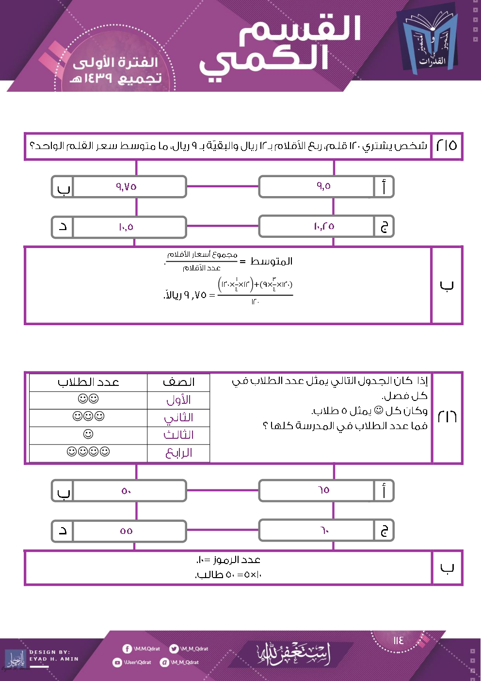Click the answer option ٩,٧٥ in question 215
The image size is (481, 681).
point(126,186)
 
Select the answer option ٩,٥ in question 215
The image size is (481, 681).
point(323,186)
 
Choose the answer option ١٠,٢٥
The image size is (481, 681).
point(323,227)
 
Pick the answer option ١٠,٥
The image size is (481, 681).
point(126,227)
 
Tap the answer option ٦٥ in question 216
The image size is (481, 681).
point(323,490)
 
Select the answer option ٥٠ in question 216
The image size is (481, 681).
point(126,491)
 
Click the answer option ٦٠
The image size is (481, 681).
point(323,531)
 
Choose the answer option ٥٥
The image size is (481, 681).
point(126,531)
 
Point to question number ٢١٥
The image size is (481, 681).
point(447,145)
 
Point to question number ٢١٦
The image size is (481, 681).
point(447,416)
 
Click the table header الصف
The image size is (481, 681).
point(178,382)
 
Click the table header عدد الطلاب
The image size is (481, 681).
point(88,382)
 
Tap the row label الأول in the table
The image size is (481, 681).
point(178,400)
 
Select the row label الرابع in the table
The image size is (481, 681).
point(178,453)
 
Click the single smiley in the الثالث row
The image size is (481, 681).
point(88,434)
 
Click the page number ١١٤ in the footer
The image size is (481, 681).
point(399,640)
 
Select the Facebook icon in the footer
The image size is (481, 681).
point(127,648)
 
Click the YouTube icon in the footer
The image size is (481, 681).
point(117,662)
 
